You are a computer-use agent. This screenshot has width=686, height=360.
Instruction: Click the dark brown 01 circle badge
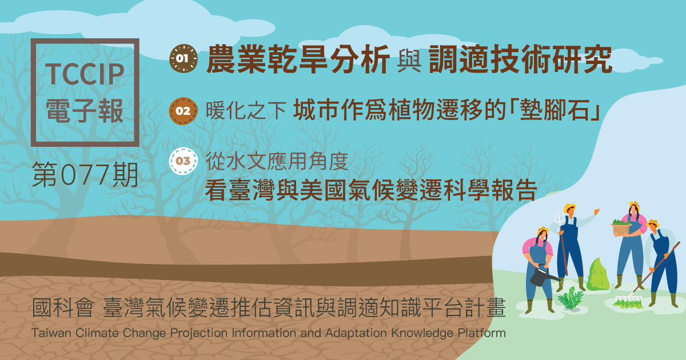(184, 58)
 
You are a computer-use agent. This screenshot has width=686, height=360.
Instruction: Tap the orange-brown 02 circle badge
(183, 111)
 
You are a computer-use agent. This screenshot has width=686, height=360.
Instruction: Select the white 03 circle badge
(183, 161)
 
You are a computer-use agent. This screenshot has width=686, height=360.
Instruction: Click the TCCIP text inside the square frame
(85, 74)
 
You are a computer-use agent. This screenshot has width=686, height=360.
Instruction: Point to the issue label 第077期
(85, 175)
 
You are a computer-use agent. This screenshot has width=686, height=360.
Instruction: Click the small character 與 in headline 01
(409, 61)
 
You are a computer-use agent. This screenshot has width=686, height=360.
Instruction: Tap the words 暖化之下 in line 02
(246, 110)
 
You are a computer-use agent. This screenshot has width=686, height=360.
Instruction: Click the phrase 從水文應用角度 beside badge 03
(277, 161)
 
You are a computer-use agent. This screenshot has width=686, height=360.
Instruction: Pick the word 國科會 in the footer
(63, 307)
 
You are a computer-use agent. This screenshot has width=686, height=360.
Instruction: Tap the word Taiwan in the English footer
(51, 333)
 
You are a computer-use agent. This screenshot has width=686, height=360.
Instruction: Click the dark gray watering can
(543, 275)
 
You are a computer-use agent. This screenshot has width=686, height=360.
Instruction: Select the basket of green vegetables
(621, 227)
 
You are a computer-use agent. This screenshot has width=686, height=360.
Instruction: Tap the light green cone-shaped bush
(597, 275)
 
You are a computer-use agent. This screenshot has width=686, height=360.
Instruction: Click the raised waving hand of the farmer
(597, 211)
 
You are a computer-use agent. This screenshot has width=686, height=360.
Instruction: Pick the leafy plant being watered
(571, 298)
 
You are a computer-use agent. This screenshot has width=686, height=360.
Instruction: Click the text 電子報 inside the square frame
(85, 110)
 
